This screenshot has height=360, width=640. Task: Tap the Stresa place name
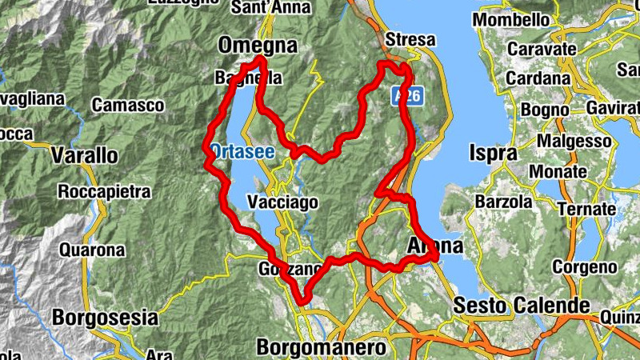(410, 39)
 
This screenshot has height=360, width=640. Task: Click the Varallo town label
(84, 154)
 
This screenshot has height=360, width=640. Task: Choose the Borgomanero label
(322, 347)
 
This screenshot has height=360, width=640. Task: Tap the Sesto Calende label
(521, 305)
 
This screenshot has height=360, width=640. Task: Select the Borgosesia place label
(103, 317)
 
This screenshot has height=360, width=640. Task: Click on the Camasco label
(128, 105)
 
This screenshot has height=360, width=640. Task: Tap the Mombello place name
(513, 18)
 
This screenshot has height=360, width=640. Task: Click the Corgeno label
(585, 266)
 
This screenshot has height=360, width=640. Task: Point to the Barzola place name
(504, 202)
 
